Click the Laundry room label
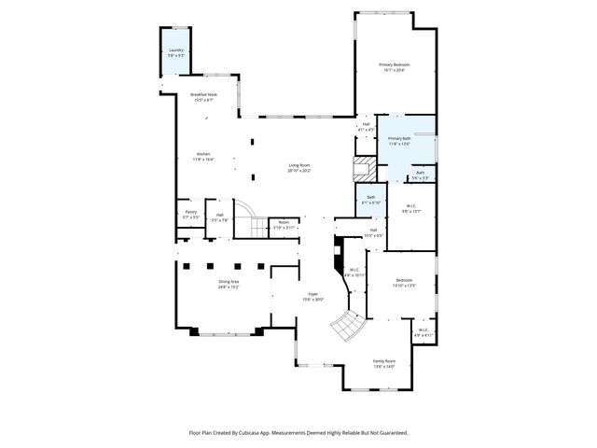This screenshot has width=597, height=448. (176, 53)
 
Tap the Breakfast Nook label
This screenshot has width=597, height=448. (203, 97)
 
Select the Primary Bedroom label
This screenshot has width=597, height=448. (394, 67)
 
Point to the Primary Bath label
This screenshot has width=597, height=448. (400, 141)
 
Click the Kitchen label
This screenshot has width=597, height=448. (203, 157)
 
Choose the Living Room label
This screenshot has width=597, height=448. (298, 168)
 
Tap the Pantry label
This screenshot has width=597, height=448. (190, 215)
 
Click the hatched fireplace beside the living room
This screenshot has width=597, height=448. (362, 169)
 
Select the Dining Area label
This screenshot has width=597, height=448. (229, 284)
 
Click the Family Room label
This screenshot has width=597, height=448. (384, 364)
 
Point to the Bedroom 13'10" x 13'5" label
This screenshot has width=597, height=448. (405, 283)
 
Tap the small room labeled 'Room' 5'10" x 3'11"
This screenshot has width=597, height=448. (283, 225)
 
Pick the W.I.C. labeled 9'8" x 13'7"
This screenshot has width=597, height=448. (411, 208)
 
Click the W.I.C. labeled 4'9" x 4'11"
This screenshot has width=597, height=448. (422, 332)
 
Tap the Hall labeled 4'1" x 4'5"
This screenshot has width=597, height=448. (366, 127)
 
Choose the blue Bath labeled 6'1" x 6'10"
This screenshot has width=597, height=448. (370, 199)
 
